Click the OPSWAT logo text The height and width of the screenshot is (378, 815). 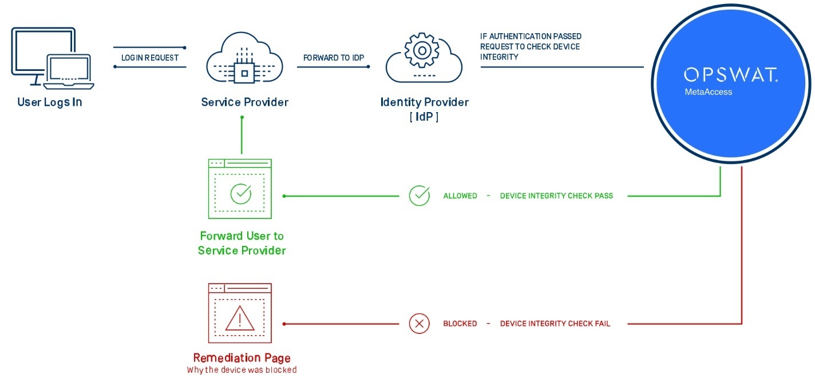730,75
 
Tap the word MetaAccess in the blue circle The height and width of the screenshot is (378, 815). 708,91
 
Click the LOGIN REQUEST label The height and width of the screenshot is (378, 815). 150,58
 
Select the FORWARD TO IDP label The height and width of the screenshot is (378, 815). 333,58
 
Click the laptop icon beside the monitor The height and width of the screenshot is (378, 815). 70,72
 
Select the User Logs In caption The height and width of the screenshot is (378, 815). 50,103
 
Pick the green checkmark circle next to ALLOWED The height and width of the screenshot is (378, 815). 419,196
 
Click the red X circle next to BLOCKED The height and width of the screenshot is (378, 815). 419,324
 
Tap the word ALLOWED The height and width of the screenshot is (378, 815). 460,196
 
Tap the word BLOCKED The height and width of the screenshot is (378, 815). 460,324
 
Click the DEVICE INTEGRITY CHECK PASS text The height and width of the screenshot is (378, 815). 556,196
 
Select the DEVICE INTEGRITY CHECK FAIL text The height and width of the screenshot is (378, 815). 555,324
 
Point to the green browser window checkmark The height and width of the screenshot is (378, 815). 240,194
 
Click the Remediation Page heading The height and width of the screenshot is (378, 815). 242,358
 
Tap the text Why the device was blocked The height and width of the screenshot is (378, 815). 242,370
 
